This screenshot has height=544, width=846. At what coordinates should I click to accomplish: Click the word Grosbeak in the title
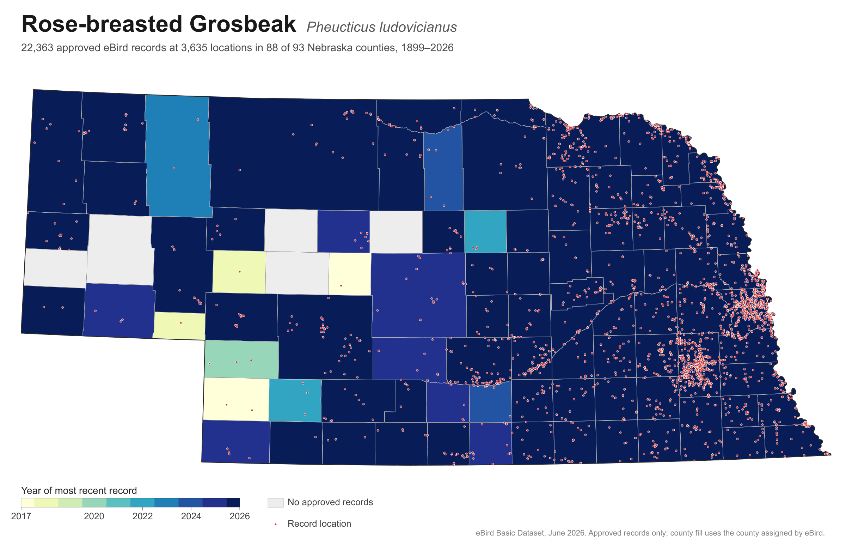(x=243, y=24)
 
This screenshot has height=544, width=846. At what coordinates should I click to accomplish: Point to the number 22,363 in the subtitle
(x=37, y=48)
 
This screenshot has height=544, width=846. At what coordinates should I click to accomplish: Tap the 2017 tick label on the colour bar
(x=21, y=516)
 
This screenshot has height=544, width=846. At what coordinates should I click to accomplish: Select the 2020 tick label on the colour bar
(x=94, y=516)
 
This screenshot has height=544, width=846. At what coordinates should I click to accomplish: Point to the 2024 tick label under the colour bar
(x=191, y=516)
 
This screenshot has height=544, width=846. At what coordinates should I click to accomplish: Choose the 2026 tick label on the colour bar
(x=240, y=516)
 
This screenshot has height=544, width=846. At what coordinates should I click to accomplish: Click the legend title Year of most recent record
(x=79, y=491)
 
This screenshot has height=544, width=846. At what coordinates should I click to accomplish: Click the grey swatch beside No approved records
(x=275, y=503)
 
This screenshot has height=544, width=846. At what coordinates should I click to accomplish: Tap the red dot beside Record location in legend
(x=275, y=524)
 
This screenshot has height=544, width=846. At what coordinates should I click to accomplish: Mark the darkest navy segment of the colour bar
(x=233, y=503)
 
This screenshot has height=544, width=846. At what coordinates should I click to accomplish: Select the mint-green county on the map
(x=241, y=359)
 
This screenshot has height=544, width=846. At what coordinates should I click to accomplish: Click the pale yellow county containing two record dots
(x=236, y=399)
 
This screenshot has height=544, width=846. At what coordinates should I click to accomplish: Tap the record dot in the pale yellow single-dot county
(x=341, y=286)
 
